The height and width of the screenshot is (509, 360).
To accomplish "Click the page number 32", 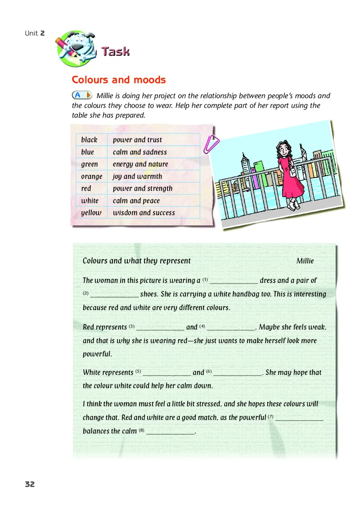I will click(30, 484).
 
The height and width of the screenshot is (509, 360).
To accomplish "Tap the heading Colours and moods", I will click(119, 80).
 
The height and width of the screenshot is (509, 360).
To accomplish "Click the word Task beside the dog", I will click(116, 52).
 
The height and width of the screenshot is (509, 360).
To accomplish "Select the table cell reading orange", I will click(92, 177).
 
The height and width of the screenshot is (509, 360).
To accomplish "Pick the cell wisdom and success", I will click(144, 213).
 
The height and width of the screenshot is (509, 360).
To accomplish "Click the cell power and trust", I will click(137, 140).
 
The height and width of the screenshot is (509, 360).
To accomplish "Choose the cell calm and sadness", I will click(140, 152).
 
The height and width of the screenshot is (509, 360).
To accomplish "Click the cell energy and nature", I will click(140, 164).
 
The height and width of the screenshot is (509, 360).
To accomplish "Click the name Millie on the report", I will click(305, 261).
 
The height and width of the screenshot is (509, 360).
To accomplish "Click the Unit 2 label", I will click(35, 33).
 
